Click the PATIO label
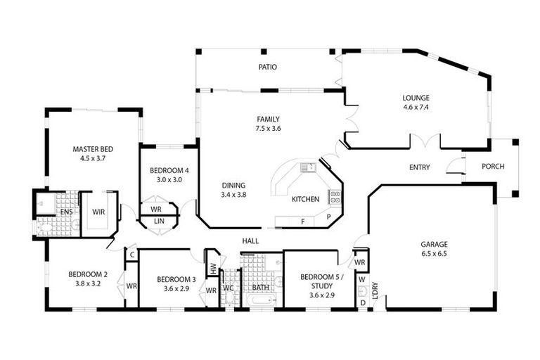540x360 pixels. [x=267, y=67]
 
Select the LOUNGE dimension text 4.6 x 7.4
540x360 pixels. [x=416, y=108]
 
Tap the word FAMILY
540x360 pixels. [x=269, y=119]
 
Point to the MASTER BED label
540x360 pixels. [x=93, y=149]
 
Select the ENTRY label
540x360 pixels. [x=420, y=167]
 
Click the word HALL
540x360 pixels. [x=250, y=240]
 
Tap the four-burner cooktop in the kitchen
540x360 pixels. [x=335, y=197]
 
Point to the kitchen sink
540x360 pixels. [x=307, y=167]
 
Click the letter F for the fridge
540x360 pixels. [x=302, y=221]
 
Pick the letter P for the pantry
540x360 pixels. [x=328, y=218]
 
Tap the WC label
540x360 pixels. [x=228, y=288]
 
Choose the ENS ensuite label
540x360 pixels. [x=65, y=212]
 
